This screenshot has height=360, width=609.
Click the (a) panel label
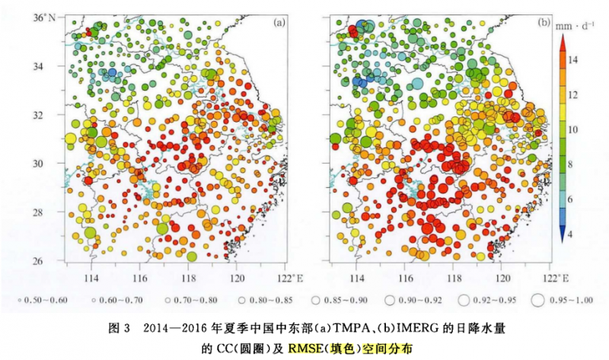pos(280,22)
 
